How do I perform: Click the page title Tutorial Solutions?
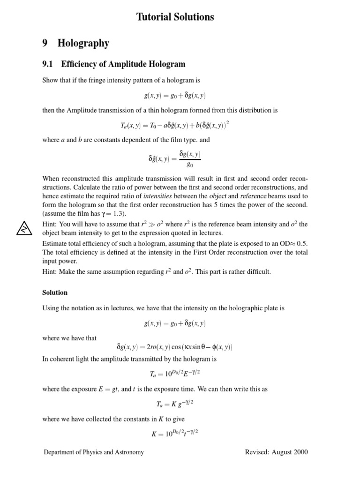(175, 17)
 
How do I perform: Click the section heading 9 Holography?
(75, 44)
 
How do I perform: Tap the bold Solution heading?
(55, 292)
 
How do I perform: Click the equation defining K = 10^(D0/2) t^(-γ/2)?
(175, 433)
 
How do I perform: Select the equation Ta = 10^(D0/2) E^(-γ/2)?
(175, 373)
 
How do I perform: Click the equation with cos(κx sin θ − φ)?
(174, 347)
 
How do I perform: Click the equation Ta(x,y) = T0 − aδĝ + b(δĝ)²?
(175, 125)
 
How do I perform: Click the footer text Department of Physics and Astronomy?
(94, 452)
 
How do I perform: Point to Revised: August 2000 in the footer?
(277, 452)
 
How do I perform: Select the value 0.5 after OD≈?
(303, 243)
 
